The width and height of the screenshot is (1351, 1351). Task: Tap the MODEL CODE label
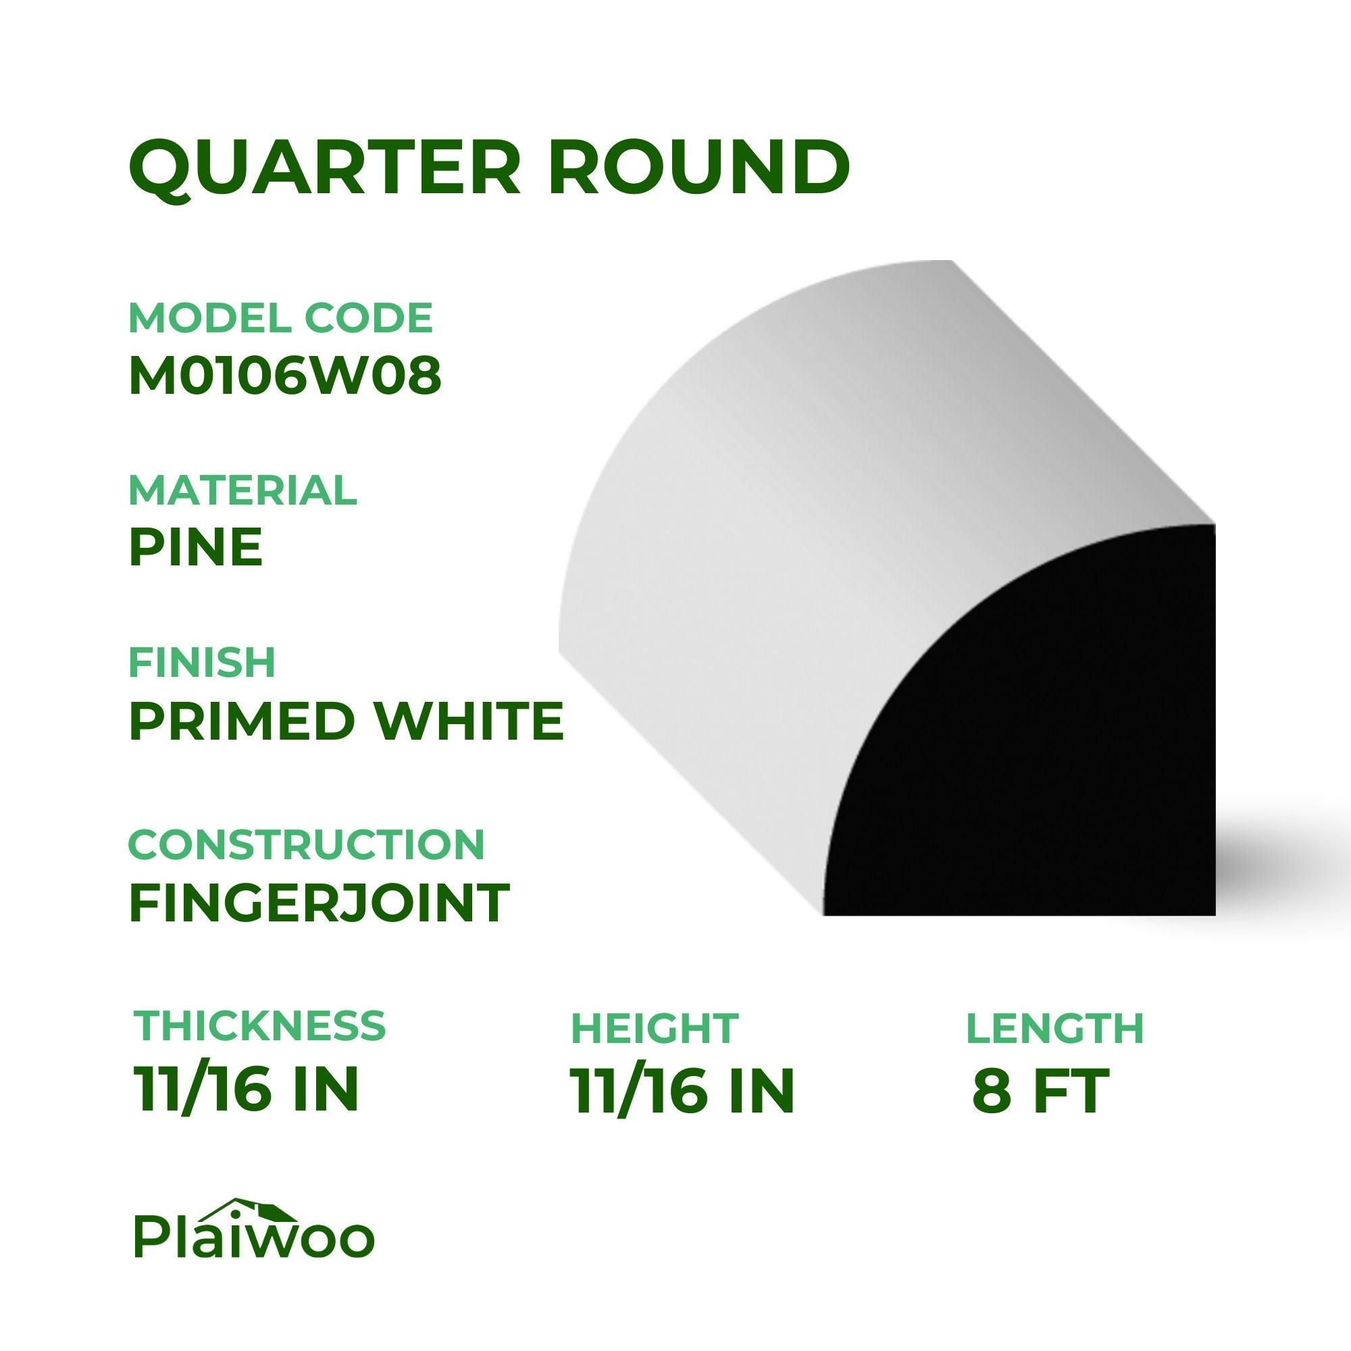pyautogui.click(x=281, y=318)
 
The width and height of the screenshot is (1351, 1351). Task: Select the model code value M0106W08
pyautogui.click(x=285, y=376)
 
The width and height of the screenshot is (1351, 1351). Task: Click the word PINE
pyautogui.click(x=196, y=548)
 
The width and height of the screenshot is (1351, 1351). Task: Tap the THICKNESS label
pyautogui.click(x=259, y=1025)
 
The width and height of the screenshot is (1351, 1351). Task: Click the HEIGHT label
pyautogui.click(x=655, y=1028)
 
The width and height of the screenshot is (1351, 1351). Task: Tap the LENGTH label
pyautogui.click(x=1054, y=1028)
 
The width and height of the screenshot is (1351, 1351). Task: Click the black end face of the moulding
pyautogui.click(x=1049, y=755)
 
